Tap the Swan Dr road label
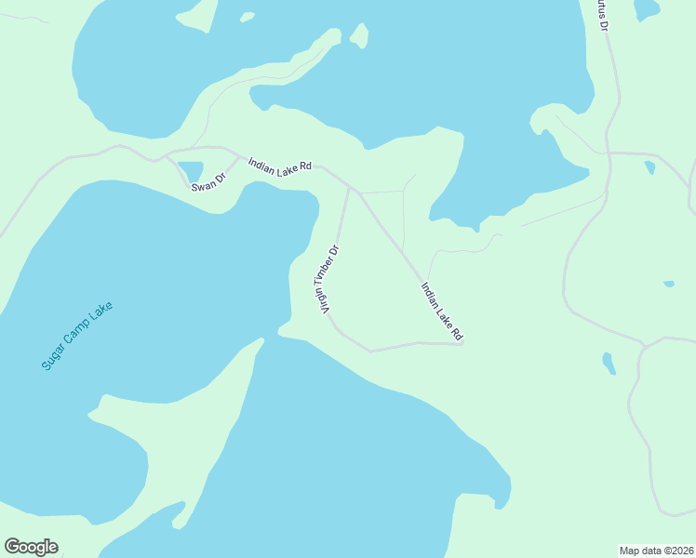pos(208,182)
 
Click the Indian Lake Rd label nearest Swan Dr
pos(279,165)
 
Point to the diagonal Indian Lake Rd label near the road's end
pos(442,311)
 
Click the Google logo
pos(31,547)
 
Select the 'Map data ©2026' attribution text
pos(657,550)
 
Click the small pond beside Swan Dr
pos(191,171)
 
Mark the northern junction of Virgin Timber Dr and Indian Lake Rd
pos(349,187)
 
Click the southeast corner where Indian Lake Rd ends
pos(462,343)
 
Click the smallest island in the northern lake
pos(247,17)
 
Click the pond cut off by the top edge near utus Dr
pos(647,8)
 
